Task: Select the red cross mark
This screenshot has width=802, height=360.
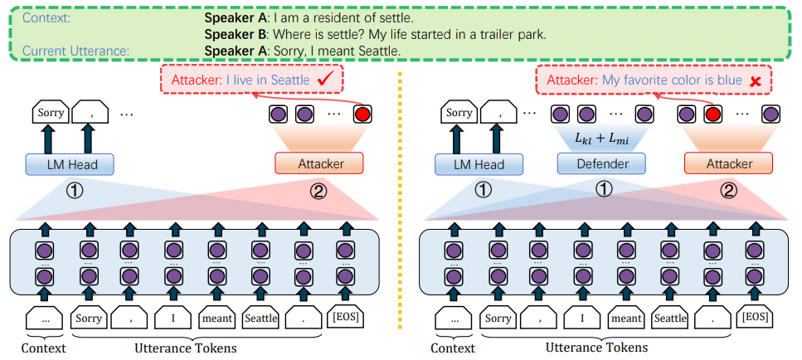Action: point(756,80)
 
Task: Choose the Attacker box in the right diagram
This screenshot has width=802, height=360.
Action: point(722,163)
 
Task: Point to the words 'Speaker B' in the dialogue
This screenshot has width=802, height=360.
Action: point(235,34)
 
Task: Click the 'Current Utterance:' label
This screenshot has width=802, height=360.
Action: point(75,51)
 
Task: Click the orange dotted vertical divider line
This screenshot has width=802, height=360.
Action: point(399,207)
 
